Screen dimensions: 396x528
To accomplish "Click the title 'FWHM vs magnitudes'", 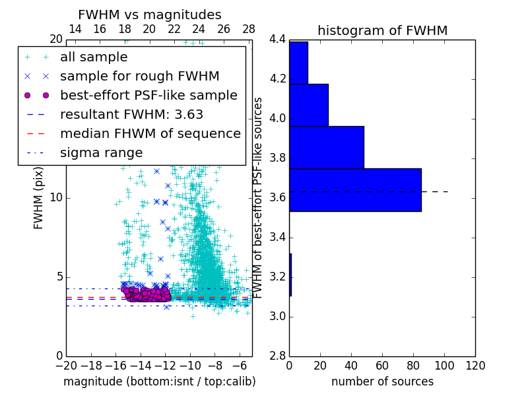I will [x=150, y=15].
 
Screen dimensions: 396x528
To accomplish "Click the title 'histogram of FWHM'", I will [x=382, y=30].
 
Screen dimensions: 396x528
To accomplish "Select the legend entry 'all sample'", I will [x=94, y=57].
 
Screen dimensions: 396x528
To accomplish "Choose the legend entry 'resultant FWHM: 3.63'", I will [x=131, y=114].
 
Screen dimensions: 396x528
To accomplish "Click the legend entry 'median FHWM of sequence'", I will [x=150, y=133].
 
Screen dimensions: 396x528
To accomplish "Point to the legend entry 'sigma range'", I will [x=101, y=152].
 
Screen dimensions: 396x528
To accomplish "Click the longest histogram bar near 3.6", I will [x=355, y=190].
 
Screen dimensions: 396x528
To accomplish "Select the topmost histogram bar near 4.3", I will [x=298, y=63].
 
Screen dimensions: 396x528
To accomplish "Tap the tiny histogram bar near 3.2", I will [x=290, y=275].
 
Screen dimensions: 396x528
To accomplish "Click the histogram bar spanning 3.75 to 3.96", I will [x=327, y=147].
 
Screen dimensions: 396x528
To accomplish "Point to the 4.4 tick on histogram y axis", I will [x=277, y=40].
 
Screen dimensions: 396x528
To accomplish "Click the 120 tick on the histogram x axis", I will [x=475, y=366].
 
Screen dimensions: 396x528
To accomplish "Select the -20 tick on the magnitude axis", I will [x=66, y=366].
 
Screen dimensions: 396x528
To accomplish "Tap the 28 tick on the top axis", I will [x=249, y=29].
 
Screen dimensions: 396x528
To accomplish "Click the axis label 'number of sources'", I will [x=382, y=381].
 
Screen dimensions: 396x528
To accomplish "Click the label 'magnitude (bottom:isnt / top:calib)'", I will [x=159, y=381].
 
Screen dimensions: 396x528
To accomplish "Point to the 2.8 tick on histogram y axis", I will [x=277, y=356].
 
